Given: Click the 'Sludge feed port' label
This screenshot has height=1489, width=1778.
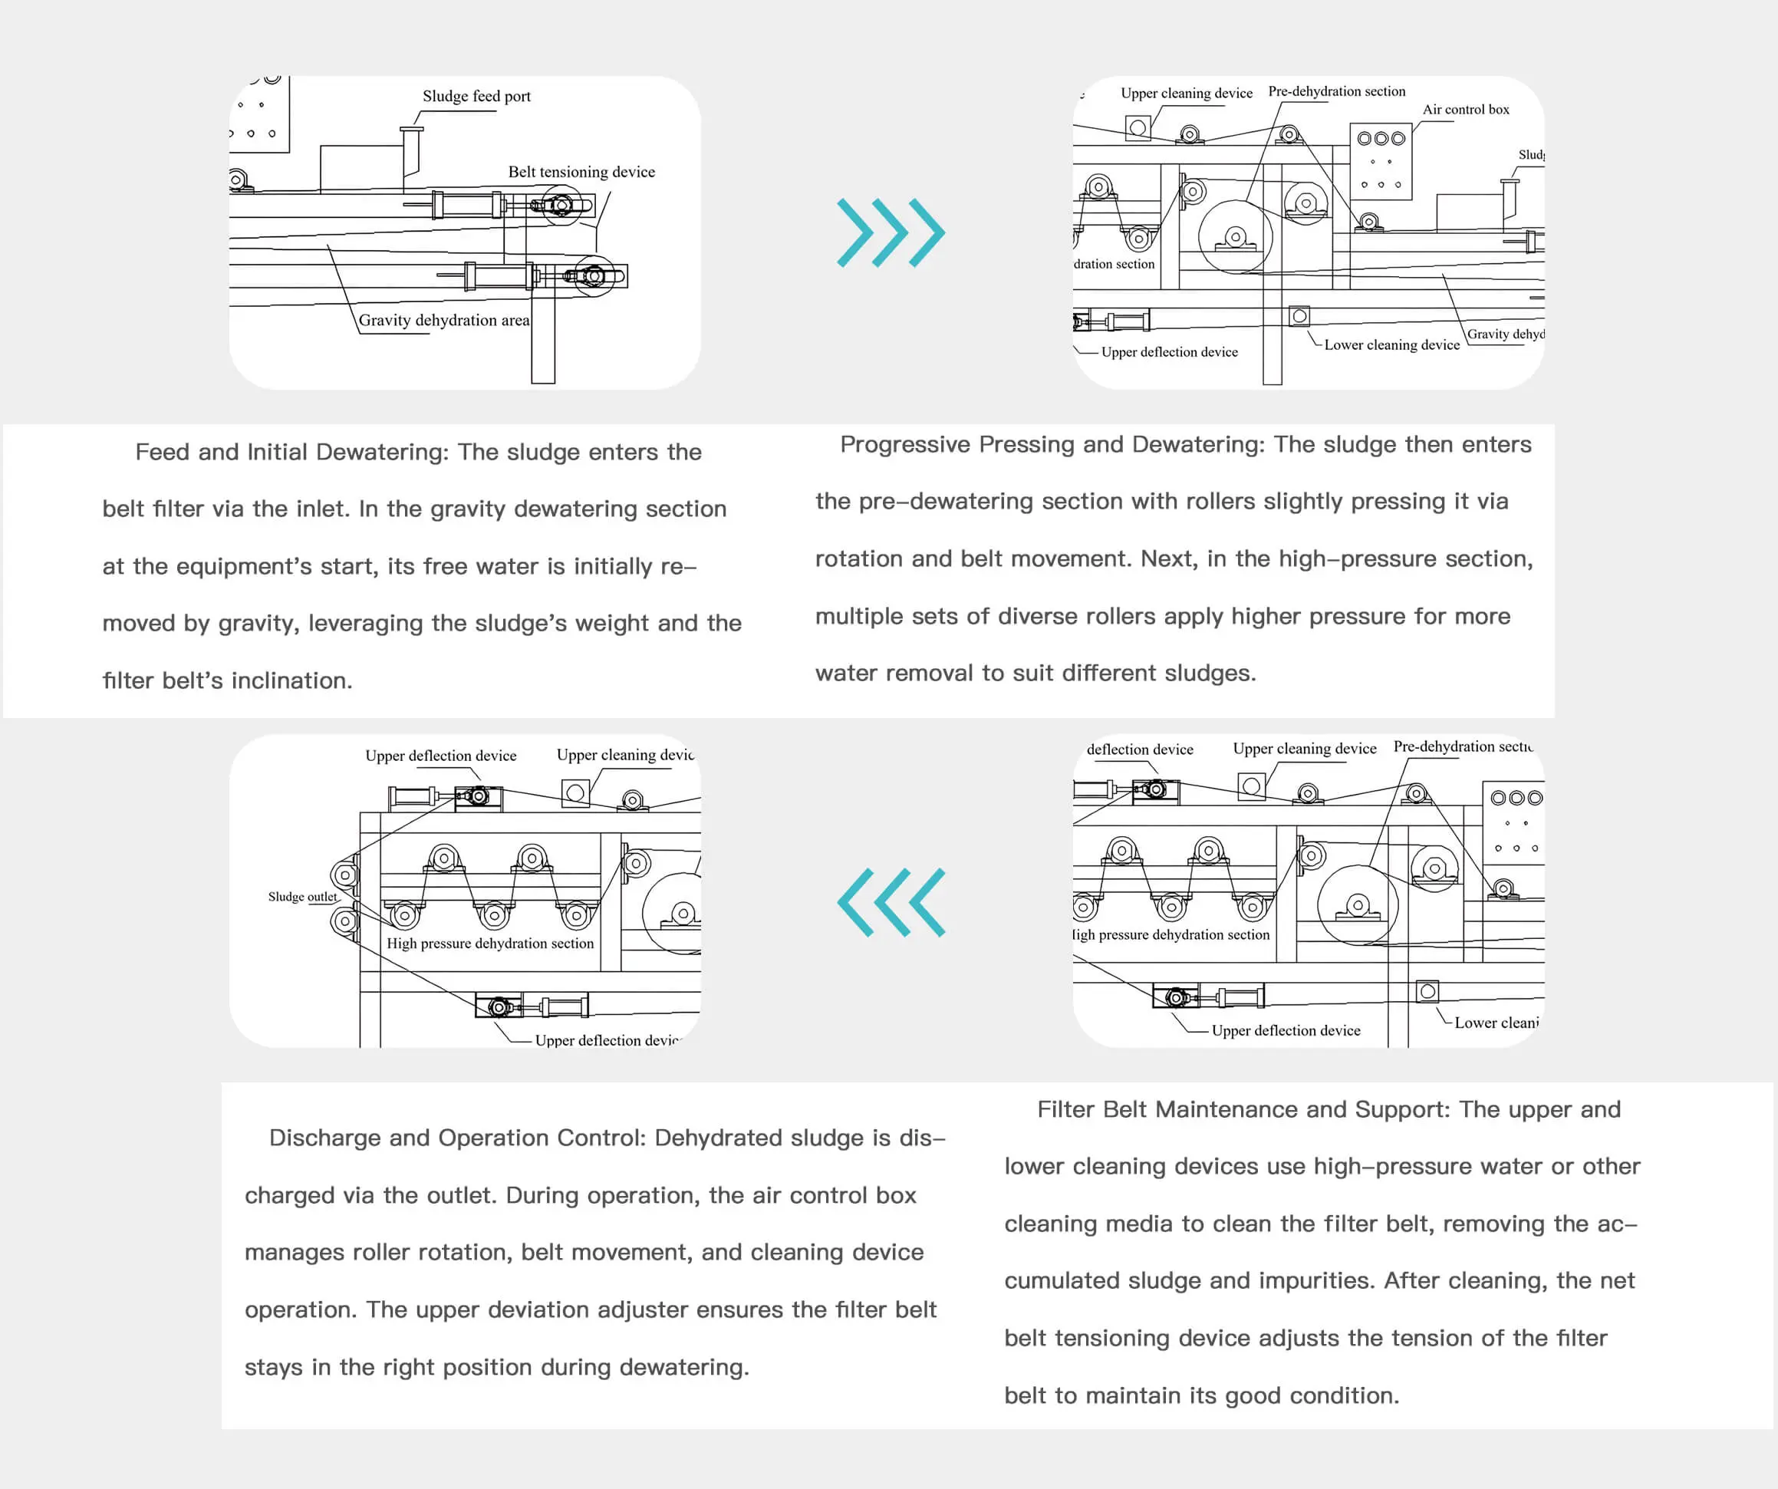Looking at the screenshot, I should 476,97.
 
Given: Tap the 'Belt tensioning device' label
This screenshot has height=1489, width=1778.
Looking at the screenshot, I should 581,172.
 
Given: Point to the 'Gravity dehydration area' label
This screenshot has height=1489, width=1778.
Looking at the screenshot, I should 443,320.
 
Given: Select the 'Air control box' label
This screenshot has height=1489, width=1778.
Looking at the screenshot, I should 1465,109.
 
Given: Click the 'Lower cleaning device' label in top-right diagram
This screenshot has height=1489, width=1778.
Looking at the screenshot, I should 1391,344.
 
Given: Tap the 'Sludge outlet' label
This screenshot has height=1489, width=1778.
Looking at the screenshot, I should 302,896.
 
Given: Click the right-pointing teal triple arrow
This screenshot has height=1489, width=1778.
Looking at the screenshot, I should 890,233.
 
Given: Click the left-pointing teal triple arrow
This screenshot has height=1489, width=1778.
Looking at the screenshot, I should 890,902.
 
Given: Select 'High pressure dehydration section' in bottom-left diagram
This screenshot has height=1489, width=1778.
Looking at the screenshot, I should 489,943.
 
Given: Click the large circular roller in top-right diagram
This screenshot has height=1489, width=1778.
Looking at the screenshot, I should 1234,236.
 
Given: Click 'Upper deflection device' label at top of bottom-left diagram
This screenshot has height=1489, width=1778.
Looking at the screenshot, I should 440,756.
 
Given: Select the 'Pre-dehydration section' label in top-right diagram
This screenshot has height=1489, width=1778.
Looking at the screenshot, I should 1336,91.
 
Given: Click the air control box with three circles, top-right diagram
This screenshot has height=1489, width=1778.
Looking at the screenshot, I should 1380,161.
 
